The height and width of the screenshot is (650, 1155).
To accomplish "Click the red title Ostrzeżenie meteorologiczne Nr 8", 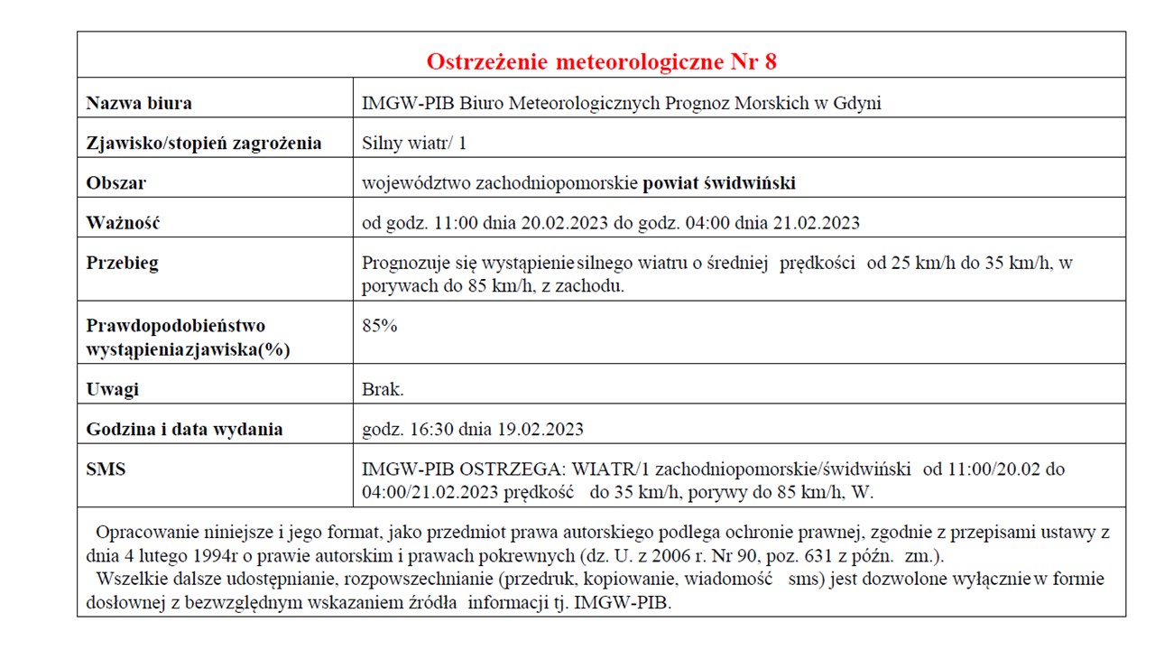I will [x=601, y=61].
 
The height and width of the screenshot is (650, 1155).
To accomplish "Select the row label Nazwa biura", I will [x=138, y=103].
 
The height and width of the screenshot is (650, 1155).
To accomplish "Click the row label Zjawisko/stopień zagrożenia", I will [x=203, y=143].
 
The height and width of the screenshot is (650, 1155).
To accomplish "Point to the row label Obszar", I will [x=115, y=183].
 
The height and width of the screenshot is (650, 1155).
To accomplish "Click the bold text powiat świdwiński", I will [x=719, y=183].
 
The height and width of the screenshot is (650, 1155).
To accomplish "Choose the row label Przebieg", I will [x=122, y=263].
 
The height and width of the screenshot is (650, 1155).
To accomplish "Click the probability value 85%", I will [x=379, y=326].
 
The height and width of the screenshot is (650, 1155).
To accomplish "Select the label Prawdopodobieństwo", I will [x=175, y=326].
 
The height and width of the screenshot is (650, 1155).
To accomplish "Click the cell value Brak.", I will [x=383, y=390].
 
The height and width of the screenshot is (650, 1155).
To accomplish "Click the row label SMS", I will [x=106, y=469].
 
